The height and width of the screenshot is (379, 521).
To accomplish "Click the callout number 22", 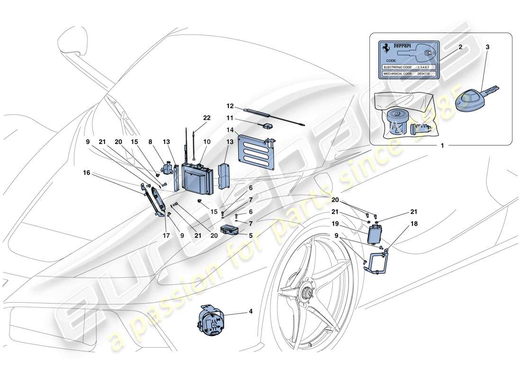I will (207, 118).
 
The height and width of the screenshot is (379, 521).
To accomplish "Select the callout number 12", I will (231, 106).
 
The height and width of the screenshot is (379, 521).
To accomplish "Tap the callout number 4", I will (251, 312).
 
